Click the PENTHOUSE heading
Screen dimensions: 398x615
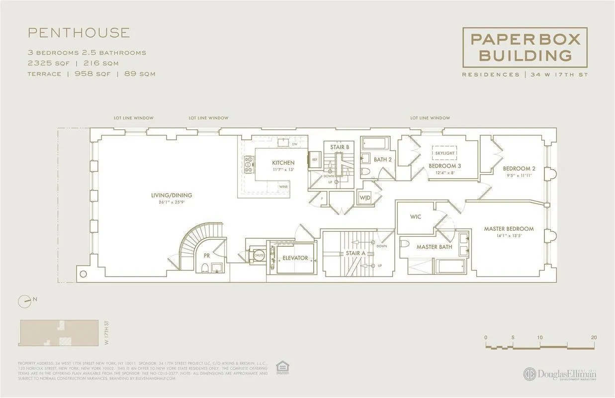pos(79,33)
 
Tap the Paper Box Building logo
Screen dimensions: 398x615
pos(525,47)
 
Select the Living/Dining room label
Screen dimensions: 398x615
pos(172,196)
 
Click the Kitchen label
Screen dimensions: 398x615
pos(283,163)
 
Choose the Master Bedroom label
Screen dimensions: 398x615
pos(509,229)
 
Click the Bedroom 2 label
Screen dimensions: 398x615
pos(519,169)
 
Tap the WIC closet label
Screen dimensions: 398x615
pos(416,217)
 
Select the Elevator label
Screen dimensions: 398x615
pos(295,258)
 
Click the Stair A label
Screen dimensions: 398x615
pos(355,253)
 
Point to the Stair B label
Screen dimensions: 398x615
pos(340,147)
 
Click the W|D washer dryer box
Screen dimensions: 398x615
pos(364,198)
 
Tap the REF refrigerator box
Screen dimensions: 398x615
pos(314,159)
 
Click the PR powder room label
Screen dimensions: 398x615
pos(206,256)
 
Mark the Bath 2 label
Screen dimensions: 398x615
pos(383,160)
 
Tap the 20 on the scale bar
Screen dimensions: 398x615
pos(594,337)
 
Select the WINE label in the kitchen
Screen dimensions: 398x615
pos(283,187)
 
